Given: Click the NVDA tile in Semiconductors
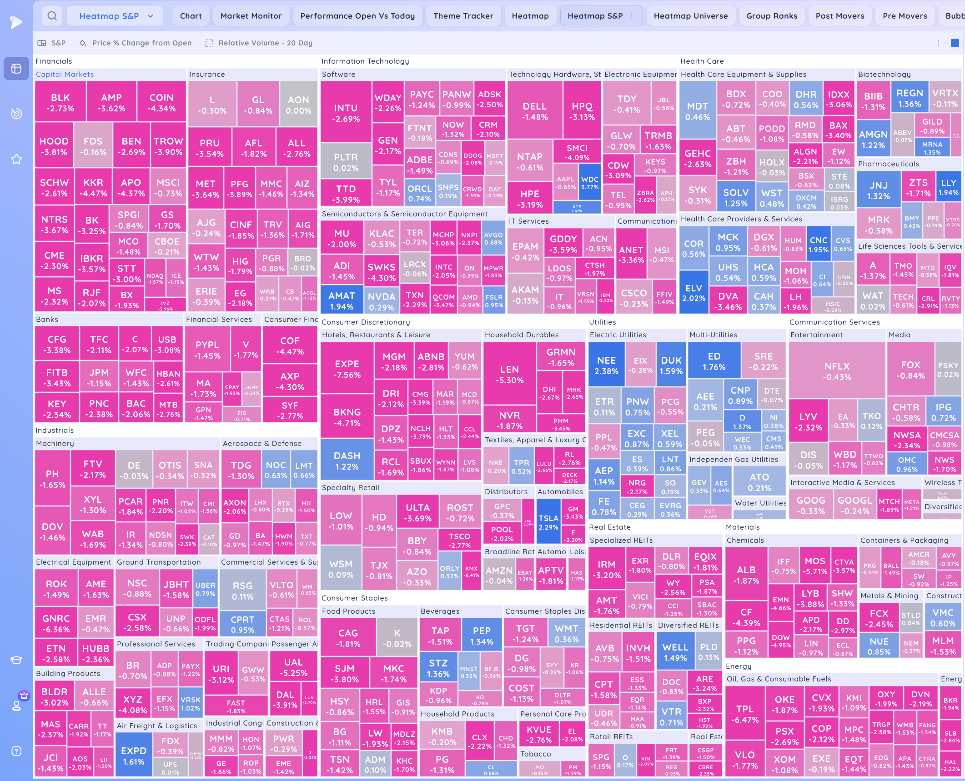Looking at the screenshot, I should (x=381, y=301).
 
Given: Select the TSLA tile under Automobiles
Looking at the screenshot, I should (x=548, y=522).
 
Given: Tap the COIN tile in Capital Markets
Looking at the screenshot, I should (x=161, y=103).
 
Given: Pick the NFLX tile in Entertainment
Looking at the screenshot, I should (x=837, y=371).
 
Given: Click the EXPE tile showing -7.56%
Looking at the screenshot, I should (x=347, y=369).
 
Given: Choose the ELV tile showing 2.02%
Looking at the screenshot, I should (x=694, y=293).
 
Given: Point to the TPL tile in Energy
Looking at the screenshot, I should (x=744, y=714).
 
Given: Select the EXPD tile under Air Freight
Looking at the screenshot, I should (x=133, y=756).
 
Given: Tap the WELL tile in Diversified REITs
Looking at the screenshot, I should (x=675, y=652).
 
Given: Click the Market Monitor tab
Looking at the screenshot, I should (x=251, y=16).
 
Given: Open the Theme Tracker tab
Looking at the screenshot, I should (x=463, y=16).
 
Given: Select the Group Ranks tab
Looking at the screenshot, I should (x=771, y=16).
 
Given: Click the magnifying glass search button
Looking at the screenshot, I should (x=52, y=16).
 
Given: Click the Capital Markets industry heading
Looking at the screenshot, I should (x=65, y=74).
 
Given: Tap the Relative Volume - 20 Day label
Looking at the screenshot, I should (x=265, y=43).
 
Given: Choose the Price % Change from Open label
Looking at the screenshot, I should (x=142, y=43).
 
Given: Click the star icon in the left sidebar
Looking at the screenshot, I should (x=16, y=159).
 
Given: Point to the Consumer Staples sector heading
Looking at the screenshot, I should (x=354, y=598).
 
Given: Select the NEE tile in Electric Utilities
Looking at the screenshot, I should (x=606, y=365).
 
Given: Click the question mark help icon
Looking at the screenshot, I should (x=16, y=751).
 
